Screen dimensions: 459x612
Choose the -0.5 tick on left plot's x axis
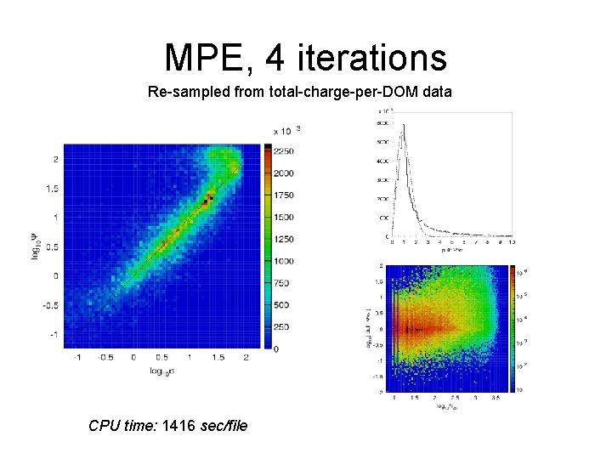(x=105, y=358)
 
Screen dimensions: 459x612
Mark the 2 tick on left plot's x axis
(x=246, y=358)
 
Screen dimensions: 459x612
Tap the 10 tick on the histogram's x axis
(x=512, y=243)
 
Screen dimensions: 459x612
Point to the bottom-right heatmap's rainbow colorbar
(x=512, y=327)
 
